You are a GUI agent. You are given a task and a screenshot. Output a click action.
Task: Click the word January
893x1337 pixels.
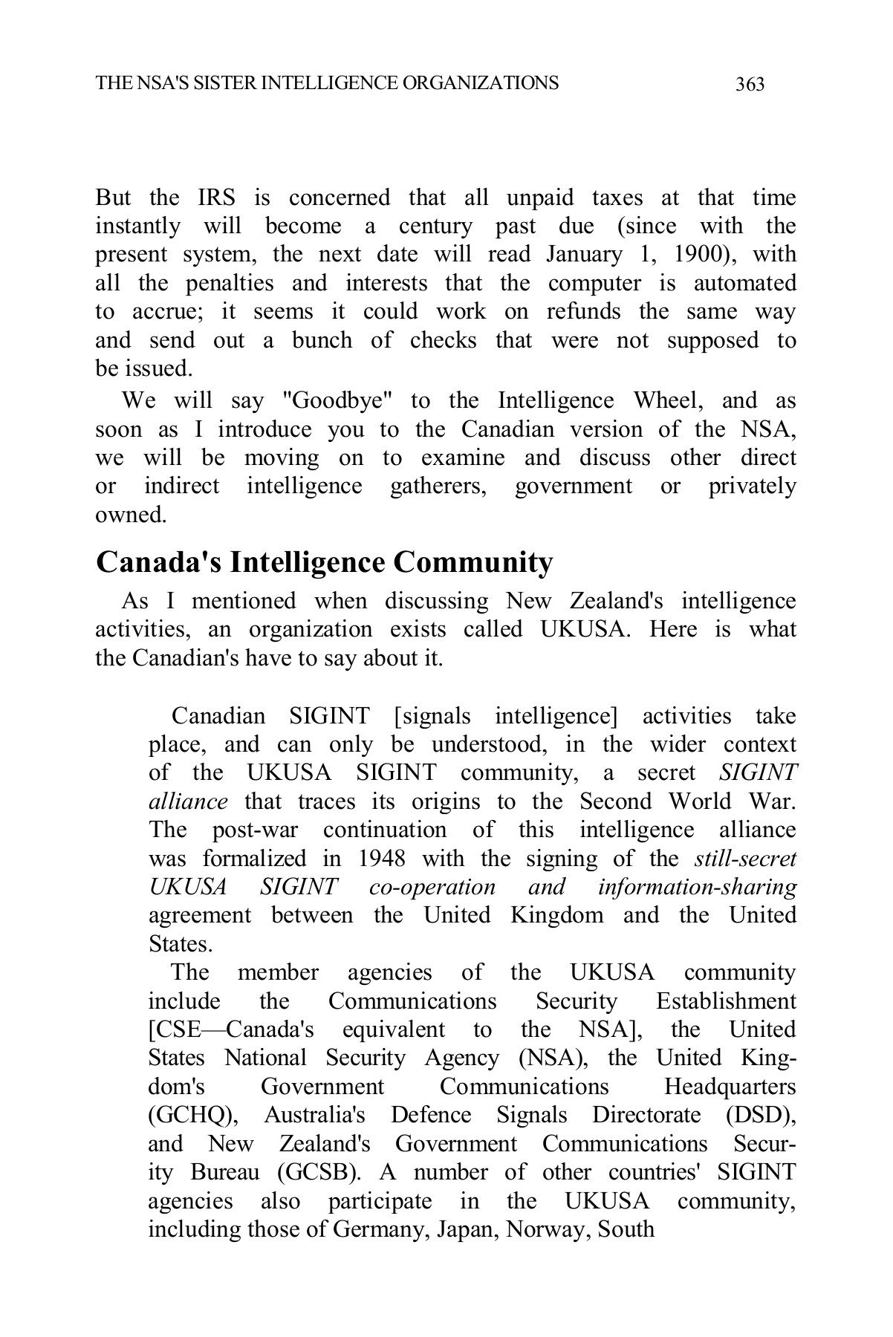pos(584,255)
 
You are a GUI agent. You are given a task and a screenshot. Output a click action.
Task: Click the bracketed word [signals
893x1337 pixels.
pos(432,716)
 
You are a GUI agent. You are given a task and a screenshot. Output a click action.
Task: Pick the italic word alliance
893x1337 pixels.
pos(188,802)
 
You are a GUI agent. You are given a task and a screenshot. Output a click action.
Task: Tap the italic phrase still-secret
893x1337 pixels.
pos(745,859)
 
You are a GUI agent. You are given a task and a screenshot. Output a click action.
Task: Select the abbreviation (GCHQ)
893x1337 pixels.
pos(193,1116)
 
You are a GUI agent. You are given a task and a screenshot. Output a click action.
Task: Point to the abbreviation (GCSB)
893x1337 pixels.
pos(319,1173)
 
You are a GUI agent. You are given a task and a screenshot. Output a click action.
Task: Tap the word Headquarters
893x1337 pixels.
pos(730,1087)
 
